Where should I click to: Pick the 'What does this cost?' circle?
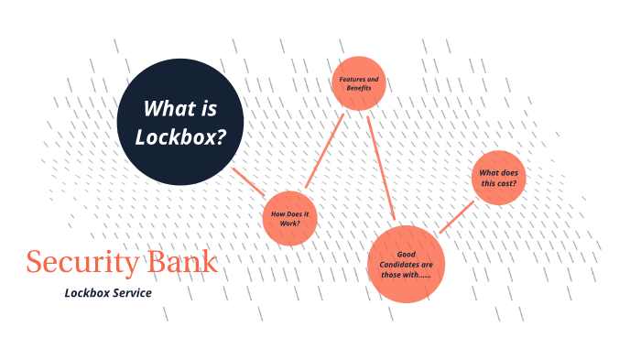pos(499,178)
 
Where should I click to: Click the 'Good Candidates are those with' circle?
pos(406,263)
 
